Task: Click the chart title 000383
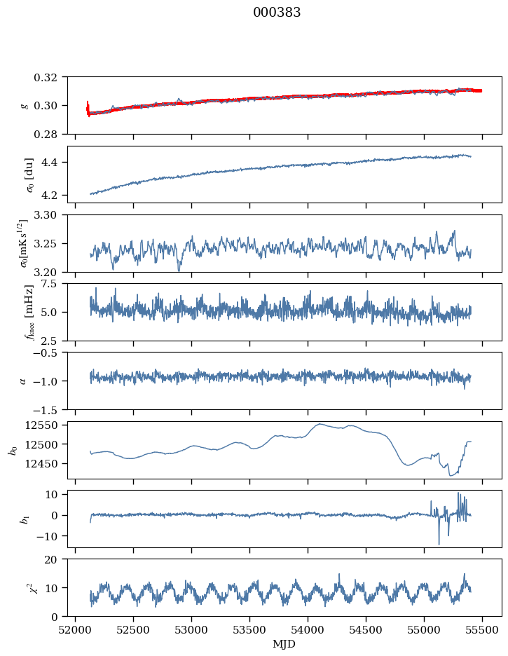277,13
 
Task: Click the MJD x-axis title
284,644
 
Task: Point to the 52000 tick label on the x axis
75,630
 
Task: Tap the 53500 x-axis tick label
249,630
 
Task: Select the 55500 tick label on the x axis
482,630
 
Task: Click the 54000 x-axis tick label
308,630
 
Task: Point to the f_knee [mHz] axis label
29,312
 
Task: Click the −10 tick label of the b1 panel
48,536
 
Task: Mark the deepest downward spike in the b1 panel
439,544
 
